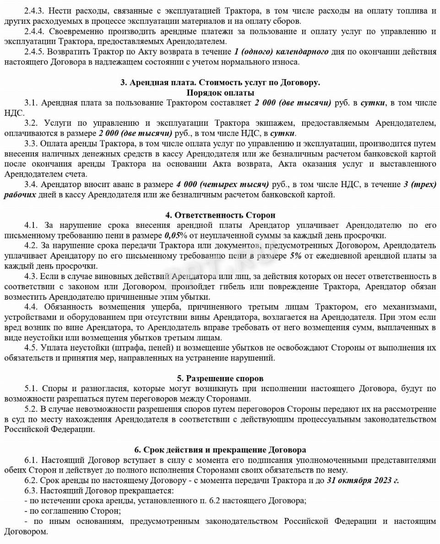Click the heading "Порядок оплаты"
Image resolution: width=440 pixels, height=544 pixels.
tap(220, 93)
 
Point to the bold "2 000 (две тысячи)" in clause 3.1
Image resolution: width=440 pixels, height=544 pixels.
tap(293, 103)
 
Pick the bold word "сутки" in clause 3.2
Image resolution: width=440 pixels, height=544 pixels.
tap(282, 133)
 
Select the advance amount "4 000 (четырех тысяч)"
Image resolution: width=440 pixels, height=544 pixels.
tap(222, 184)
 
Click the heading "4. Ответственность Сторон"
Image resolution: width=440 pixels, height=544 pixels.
tap(220, 215)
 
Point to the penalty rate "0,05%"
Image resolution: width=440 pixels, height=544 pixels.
tap(176, 236)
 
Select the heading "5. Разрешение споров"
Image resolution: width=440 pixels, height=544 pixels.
tap(220, 379)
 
